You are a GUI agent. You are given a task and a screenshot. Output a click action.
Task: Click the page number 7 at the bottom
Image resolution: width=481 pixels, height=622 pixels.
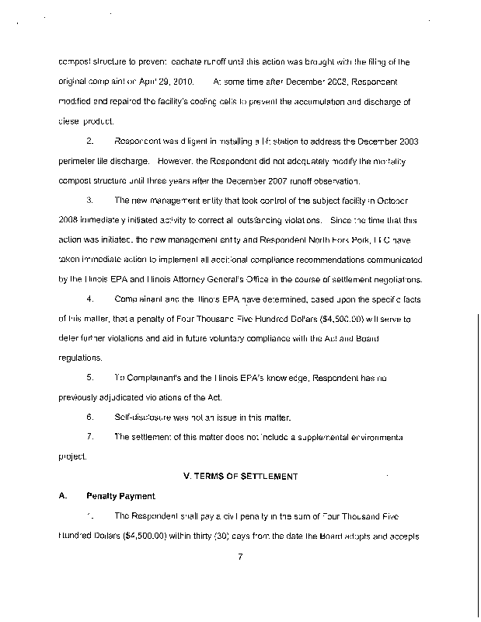coord(242,576)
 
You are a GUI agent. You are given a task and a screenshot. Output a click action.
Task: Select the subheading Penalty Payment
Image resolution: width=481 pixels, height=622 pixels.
coord(120,495)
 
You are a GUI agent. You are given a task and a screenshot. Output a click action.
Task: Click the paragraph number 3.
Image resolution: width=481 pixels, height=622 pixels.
coord(90,201)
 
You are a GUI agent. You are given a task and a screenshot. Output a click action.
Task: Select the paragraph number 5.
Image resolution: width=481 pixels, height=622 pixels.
coord(90,377)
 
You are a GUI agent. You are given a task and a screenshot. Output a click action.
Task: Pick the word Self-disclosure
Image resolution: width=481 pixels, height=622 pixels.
coord(145,418)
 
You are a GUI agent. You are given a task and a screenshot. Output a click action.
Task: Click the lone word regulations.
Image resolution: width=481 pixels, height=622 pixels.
coord(80,358)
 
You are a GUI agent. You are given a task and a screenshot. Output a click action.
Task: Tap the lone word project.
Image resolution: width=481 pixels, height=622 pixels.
coord(72,456)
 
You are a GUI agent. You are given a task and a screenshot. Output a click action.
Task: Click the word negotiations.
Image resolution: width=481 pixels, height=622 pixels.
coord(395,279)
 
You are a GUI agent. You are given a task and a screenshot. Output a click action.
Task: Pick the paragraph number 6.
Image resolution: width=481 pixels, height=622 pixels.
coord(90,418)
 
